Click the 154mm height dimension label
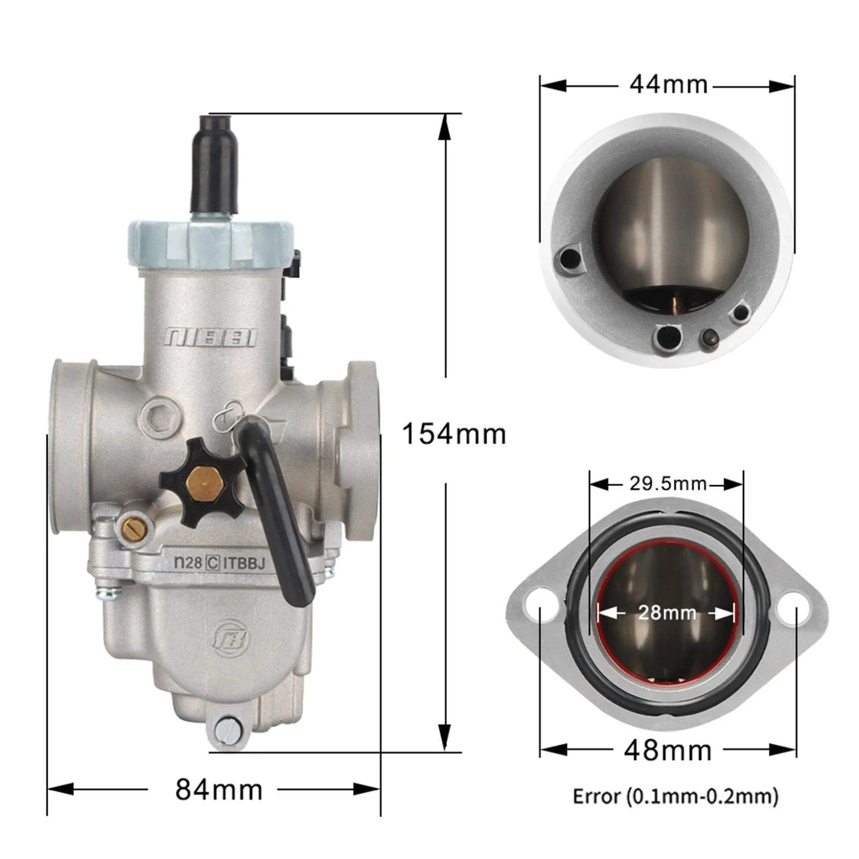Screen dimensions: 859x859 (454, 434)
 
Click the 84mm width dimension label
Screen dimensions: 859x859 (219, 790)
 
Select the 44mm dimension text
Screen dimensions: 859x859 (668, 85)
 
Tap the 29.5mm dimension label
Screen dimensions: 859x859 (668, 484)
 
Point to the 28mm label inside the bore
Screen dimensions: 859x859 (667, 612)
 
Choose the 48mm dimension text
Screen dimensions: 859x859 (668, 750)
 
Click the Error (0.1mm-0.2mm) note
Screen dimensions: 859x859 (675, 796)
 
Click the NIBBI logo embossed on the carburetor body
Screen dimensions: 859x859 (210, 337)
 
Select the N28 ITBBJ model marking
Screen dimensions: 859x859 (219, 563)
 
